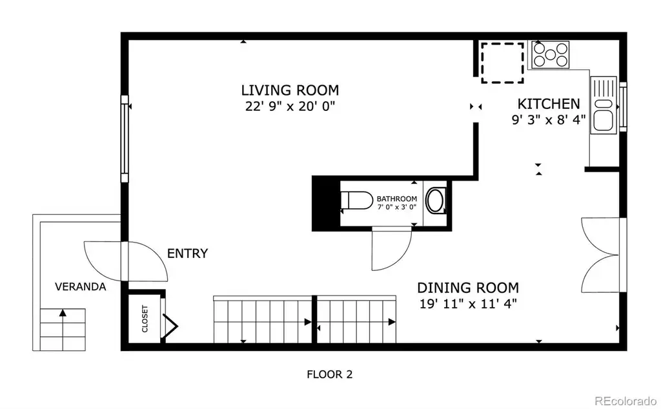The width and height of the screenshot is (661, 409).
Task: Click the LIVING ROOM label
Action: coord(290,90)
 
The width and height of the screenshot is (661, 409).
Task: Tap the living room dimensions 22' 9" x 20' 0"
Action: coord(290,106)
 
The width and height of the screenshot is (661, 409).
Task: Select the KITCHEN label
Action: coord(549,104)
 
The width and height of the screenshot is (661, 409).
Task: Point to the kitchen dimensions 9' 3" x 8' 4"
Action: coord(549,119)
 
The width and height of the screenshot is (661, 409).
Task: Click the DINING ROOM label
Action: coord(468,288)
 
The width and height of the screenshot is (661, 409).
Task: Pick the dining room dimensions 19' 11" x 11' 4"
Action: coord(468,303)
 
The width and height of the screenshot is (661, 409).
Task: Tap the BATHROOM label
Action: coord(397,199)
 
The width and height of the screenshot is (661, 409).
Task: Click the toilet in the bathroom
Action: coord(356,201)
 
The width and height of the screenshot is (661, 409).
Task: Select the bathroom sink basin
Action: coord(436,200)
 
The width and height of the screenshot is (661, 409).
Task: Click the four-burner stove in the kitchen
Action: coord(550,55)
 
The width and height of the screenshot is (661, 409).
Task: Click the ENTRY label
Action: coord(187,253)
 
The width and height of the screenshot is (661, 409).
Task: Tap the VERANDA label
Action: coord(80,286)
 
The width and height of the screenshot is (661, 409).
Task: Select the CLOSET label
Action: coord(145,319)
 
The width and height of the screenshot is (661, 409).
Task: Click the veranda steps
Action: coord(63,330)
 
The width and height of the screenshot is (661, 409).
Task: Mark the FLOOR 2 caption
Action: coord(329,374)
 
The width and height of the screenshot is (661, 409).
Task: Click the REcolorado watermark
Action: coord(625,400)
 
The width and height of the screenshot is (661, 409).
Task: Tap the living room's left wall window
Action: coord(125,139)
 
